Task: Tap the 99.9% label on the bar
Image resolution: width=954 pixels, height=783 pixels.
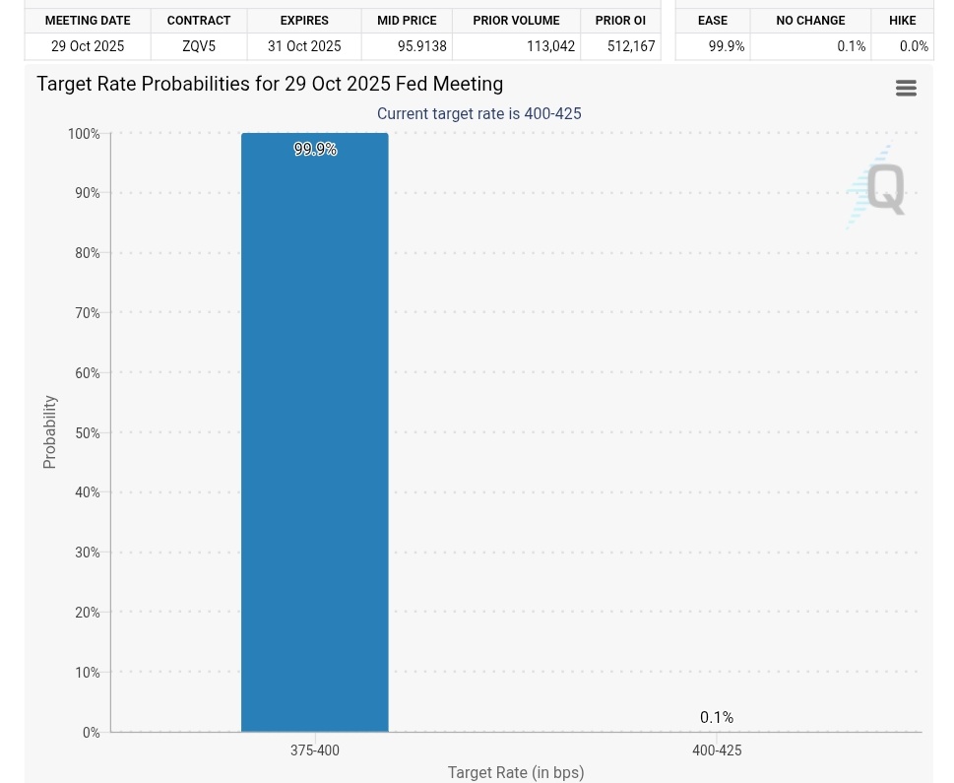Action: click(x=315, y=150)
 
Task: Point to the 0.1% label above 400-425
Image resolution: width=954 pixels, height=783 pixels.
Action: click(x=717, y=718)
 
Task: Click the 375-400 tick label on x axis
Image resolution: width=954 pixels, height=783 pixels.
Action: click(x=315, y=750)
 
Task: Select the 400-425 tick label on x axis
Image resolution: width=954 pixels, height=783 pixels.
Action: click(x=717, y=750)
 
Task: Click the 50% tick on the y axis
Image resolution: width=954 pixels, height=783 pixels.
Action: click(x=88, y=433)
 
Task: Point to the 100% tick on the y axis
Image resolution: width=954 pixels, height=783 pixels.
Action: click(x=85, y=134)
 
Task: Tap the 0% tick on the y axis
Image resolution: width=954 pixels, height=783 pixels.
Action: click(x=92, y=733)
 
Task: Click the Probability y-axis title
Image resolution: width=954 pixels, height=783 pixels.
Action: click(x=50, y=432)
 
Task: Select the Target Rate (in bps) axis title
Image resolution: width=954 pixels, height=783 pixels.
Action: click(x=516, y=773)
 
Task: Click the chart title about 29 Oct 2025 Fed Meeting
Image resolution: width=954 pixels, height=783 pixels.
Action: click(x=270, y=85)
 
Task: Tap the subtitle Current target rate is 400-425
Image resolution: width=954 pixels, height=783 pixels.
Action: click(x=479, y=114)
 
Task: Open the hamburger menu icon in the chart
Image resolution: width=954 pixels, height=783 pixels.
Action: click(x=907, y=89)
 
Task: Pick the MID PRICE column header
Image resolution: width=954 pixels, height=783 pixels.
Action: click(x=407, y=21)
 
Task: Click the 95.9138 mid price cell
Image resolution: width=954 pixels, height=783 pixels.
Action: click(x=422, y=46)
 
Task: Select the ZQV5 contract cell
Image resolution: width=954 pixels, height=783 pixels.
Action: click(x=199, y=46)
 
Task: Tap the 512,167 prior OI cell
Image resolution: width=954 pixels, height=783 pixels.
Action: click(x=631, y=46)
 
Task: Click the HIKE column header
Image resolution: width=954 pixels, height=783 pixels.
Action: click(x=903, y=21)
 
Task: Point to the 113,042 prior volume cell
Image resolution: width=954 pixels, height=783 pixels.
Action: click(x=550, y=46)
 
